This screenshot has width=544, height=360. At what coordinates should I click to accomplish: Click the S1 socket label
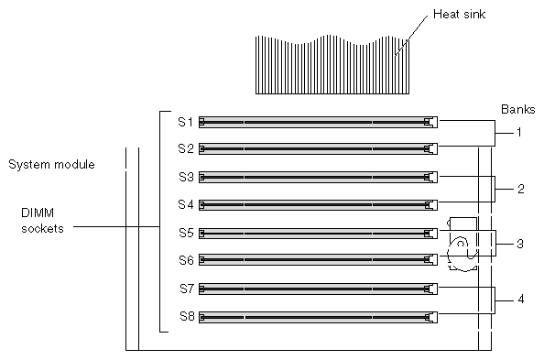pos(186,122)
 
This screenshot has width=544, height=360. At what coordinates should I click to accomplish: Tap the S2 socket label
pos(186,148)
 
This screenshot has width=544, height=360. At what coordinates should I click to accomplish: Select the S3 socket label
pos(186,177)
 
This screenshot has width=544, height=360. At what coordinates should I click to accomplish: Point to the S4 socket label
pos(186,204)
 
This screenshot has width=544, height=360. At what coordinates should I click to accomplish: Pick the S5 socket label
pos(186,233)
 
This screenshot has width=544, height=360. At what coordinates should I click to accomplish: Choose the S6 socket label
pos(186,260)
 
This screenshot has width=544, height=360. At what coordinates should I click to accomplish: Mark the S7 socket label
pos(187,289)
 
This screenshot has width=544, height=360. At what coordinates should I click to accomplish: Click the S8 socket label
pos(187,316)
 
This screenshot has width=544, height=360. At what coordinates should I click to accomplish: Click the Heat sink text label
pos(459,15)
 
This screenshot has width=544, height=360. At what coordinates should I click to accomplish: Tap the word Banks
pos(518,109)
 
